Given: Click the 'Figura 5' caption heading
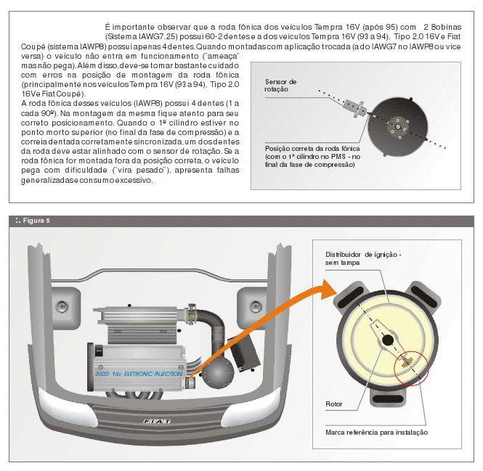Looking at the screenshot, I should (x=32, y=221).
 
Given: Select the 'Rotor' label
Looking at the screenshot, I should (x=335, y=404).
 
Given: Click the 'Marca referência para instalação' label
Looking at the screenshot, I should (x=376, y=432).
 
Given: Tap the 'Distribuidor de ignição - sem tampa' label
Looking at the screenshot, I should (x=361, y=260).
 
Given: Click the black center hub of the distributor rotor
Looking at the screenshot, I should (x=387, y=340).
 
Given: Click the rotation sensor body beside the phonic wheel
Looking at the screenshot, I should (x=355, y=110).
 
